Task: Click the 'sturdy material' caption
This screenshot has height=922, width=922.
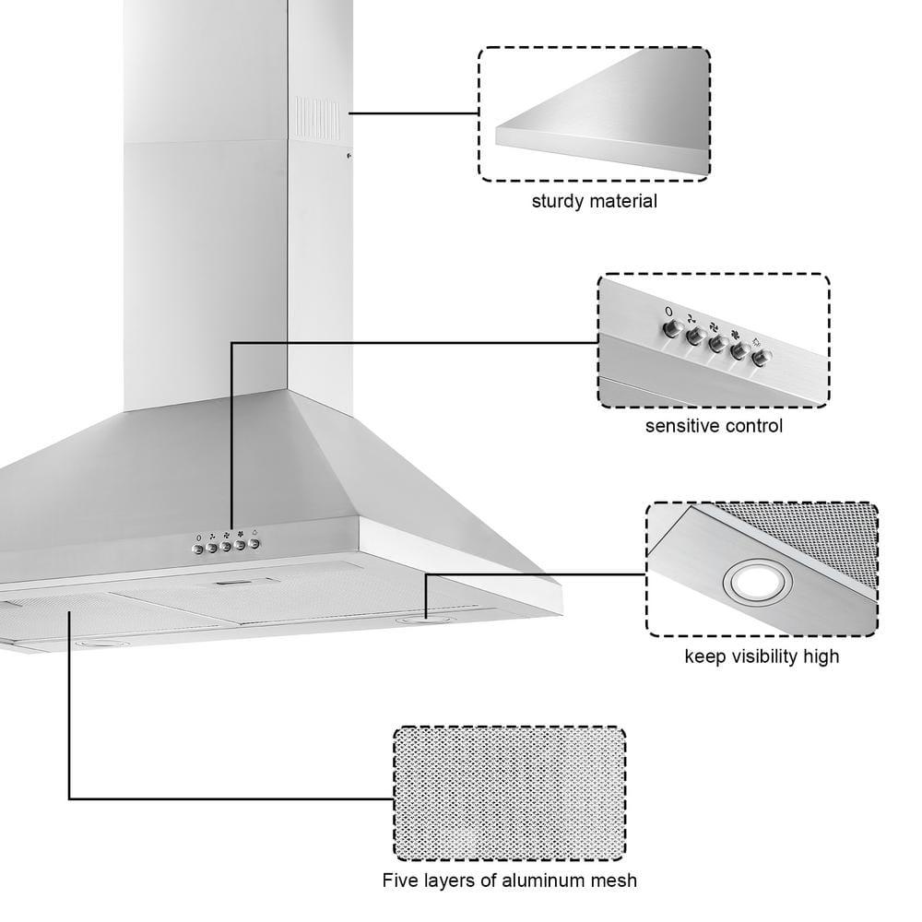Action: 594,201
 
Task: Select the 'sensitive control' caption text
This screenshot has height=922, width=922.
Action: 714,426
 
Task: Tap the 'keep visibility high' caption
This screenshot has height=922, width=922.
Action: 762,656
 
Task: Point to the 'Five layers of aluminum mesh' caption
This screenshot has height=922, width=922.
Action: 509,880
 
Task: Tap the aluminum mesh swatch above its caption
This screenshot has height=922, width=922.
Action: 510,794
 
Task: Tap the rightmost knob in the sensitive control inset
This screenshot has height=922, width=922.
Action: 760,358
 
